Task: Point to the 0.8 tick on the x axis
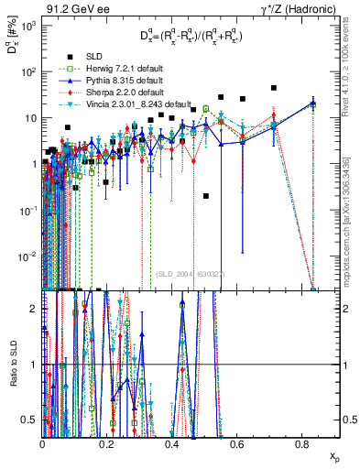304,444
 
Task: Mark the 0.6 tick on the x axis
238,444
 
